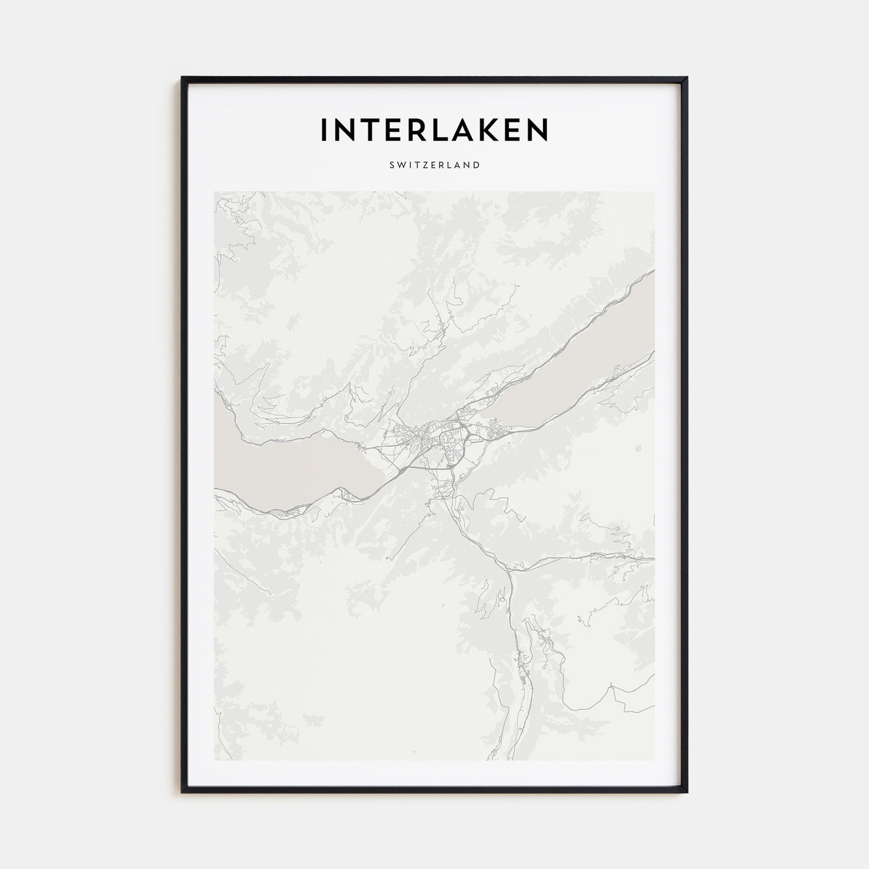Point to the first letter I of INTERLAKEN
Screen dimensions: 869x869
pyautogui.click(x=323, y=129)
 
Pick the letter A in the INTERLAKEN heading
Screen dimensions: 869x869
pyautogui.click(x=455, y=129)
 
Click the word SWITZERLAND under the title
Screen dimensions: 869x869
pyautogui.click(x=434, y=165)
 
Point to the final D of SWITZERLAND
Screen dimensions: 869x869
pyautogui.click(x=475, y=165)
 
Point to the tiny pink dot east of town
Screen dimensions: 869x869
pyautogui.click(x=639, y=446)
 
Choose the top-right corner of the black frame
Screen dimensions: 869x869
pyautogui.click(x=687, y=78)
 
